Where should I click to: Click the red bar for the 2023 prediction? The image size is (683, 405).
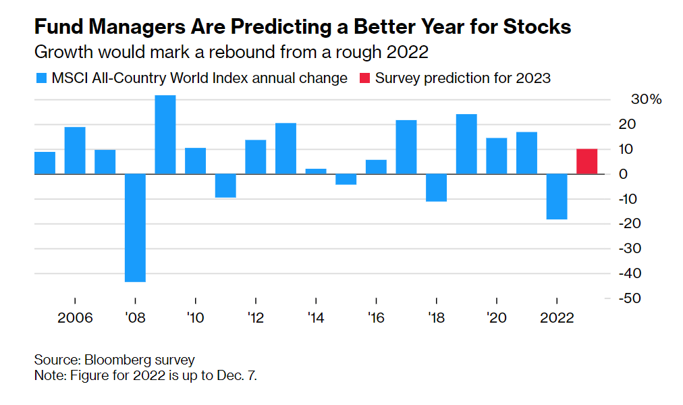586,161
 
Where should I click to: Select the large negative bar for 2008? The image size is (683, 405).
135,227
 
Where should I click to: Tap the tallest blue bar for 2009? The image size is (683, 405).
165,134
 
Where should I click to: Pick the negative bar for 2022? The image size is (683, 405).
556,196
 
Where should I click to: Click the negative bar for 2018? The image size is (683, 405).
436,188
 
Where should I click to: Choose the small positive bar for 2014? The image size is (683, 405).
316,171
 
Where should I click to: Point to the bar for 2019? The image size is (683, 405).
466,144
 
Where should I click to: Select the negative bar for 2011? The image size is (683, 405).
225,186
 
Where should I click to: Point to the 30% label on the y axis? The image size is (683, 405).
647,99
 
